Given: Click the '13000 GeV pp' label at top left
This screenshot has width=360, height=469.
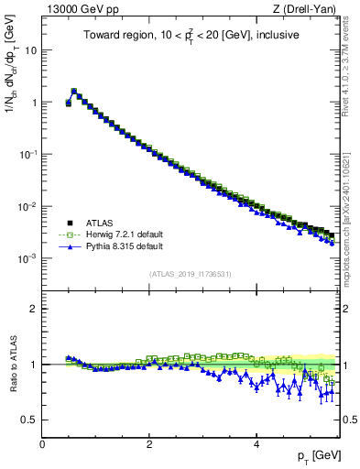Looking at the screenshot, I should click(76, 9).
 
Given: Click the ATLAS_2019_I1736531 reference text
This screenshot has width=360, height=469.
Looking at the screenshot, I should click(191, 274).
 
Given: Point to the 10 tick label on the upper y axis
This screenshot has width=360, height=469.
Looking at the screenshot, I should click(29, 50).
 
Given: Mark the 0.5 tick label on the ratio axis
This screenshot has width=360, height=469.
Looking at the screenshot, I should click(28, 420).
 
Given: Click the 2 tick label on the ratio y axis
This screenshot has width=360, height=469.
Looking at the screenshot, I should click(33, 309).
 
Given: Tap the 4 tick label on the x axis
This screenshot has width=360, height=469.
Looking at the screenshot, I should click(256, 443).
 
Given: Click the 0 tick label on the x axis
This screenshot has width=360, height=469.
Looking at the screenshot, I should click(42, 443).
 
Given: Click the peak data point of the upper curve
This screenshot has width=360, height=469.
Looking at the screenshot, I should click(73, 92).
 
